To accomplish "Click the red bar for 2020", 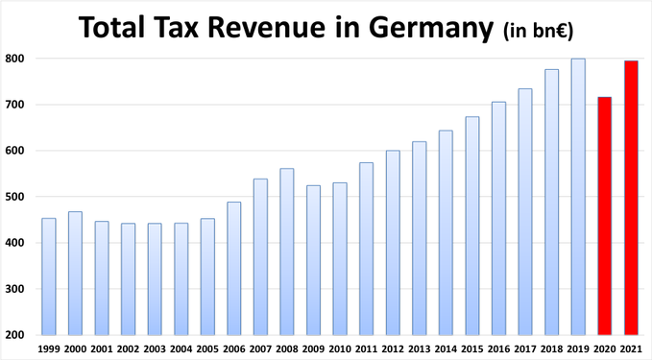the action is (x=605, y=216).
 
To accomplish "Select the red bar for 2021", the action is (x=631, y=198).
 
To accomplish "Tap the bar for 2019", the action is (x=578, y=197).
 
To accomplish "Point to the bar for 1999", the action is (x=49, y=276).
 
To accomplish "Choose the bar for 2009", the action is (x=314, y=260).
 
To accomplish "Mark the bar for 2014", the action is (x=446, y=232).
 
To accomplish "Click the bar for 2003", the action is (x=155, y=279).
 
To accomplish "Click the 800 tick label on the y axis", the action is (x=14, y=59).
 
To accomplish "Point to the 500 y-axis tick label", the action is (x=14, y=197).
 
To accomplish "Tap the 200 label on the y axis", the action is (x=14, y=335).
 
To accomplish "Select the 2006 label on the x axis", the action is (x=234, y=348).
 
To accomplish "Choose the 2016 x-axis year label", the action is (x=498, y=348).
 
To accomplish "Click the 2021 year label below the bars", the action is (x=631, y=348).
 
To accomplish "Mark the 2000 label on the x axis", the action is (x=75, y=348).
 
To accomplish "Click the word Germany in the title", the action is (x=431, y=28).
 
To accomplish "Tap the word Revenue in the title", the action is (x=267, y=27).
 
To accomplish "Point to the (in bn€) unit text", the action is (x=538, y=31).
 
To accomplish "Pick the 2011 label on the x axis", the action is (x=367, y=348).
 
